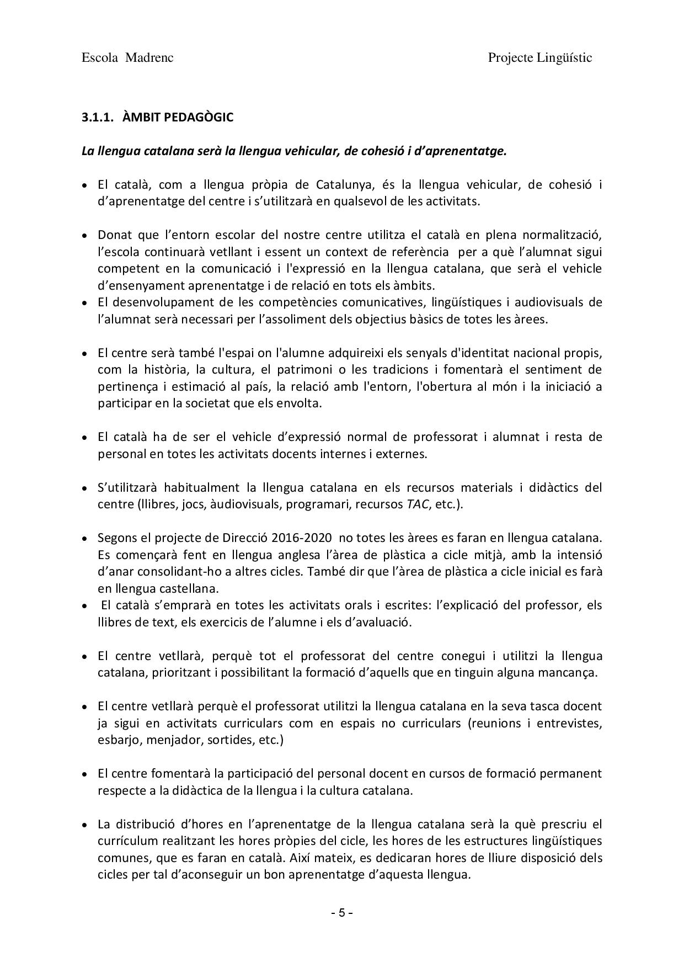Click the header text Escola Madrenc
[127, 58]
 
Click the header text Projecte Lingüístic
[540, 58]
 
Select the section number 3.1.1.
[97, 118]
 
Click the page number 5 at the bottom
[341, 912]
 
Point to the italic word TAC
[417, 504]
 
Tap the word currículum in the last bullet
[125, 841]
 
